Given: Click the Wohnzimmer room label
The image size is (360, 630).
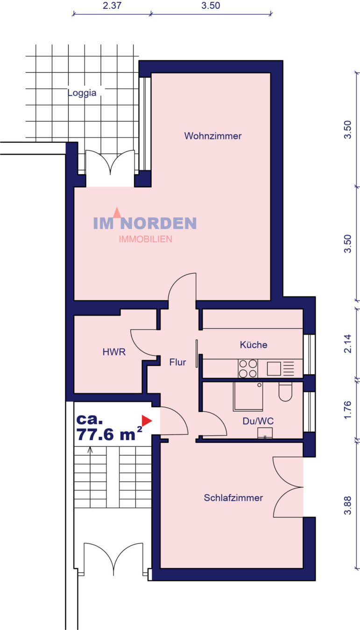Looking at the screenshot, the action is coord(213,136).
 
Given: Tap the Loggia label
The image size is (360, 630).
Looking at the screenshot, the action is coord(82,93).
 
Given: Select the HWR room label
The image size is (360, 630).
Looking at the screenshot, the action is coord(114,352).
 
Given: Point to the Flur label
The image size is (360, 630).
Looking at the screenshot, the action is coord(177,362).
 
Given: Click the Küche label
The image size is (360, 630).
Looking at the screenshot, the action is coord(254,344).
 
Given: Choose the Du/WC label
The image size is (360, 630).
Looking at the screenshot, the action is coord(258,421).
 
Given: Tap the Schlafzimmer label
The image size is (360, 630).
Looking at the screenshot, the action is coord(233,498).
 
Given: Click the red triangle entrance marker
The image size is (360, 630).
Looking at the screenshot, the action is coord(147,420).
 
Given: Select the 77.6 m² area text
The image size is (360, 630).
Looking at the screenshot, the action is coord(109,434).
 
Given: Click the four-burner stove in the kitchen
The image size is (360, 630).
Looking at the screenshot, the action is coord(248,369).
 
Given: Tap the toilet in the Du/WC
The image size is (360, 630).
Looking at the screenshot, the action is coord(286,391).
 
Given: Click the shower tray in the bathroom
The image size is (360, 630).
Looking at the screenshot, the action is coord(248,396).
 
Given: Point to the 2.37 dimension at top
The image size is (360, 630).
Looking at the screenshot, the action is coord(112,6).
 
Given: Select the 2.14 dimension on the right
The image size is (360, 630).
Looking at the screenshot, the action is coord(348,343).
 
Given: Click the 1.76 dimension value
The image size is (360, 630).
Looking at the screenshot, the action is coord(348,410).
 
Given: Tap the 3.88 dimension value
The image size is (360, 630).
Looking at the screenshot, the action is coord(348,505).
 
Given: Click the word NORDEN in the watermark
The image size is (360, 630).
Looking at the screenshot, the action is coord(164,224).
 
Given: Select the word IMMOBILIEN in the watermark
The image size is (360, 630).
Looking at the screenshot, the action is coord(145,239).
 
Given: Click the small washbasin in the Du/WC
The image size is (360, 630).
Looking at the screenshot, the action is coord(265,433).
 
